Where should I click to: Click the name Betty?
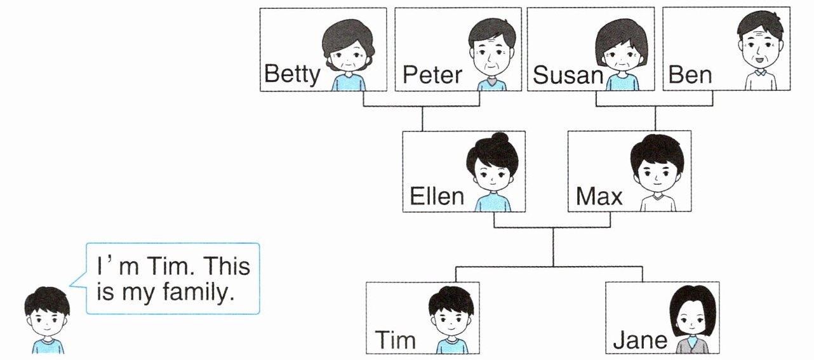point(292,75)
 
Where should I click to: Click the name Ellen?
point(437,196)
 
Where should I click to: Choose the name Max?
point(599,196)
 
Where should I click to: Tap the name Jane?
point(640,341)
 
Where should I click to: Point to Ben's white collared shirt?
point(761,81)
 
